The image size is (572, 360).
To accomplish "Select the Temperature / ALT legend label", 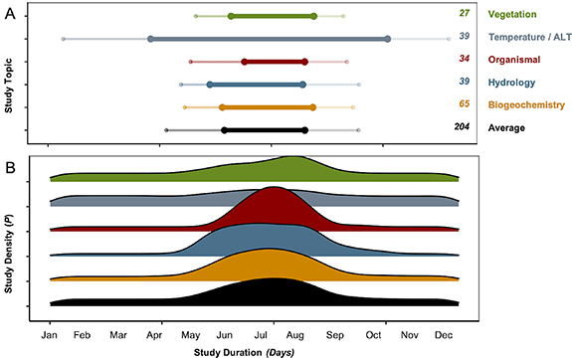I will [x=529, y=37].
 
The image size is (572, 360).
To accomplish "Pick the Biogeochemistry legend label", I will [x=526, y=104].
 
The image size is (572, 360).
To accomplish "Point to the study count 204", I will [x=461, y=127].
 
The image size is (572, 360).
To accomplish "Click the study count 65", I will [x=464, y=104].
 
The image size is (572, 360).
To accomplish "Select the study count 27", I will [x=464, y=14].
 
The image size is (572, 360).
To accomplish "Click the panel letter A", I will [x=9, y=11].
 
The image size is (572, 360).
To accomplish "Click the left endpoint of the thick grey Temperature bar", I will [x=150, y=39].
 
